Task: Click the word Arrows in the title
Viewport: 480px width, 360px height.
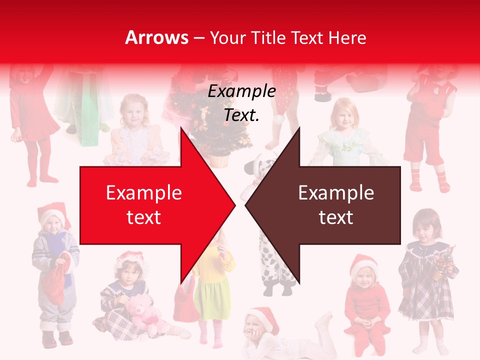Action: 157,37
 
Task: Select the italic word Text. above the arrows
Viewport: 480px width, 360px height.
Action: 241,115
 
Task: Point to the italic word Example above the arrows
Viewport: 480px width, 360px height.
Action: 241,91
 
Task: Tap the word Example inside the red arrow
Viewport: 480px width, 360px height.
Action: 144,192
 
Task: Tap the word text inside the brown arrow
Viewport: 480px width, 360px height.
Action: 336,217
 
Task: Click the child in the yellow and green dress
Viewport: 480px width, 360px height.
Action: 212,290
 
